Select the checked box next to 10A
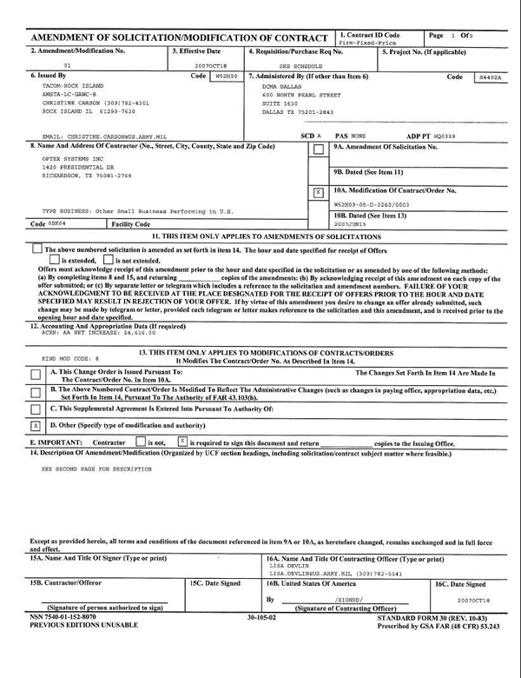coord(318,191)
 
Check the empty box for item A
coord(35,374)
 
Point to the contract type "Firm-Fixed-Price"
coord(369,42)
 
